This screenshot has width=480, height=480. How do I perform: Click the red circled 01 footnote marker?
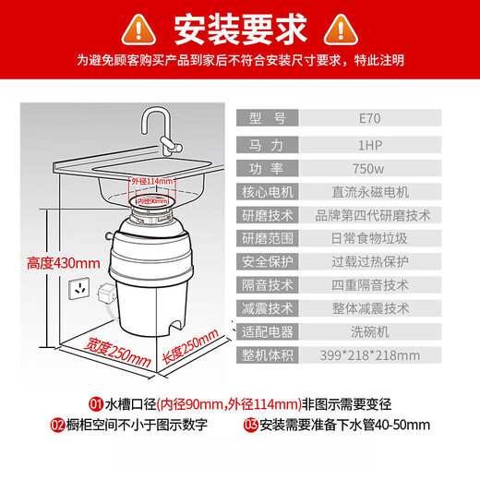(95, 404)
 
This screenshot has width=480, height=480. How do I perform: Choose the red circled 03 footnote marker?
(252, 426)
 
